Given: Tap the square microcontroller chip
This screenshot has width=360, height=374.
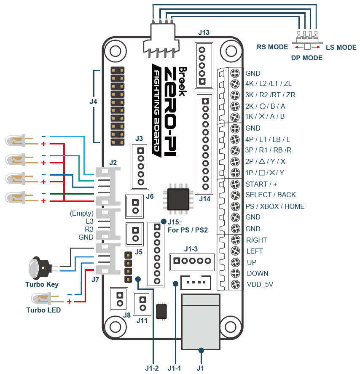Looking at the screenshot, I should click(178, 199).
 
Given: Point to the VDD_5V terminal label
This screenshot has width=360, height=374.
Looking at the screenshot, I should click(260, 284).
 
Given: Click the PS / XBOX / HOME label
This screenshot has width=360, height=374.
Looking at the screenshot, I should click(275, 206).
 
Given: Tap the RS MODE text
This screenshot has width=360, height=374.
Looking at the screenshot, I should click(272, 47).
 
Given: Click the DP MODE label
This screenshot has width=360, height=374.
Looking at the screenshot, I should click(307, 58).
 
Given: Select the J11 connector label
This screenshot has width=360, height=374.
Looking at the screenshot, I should click(142, 321).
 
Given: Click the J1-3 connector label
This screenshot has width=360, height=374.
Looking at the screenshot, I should click(191, 248).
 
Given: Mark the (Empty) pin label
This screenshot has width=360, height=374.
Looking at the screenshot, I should click(82, 213).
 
